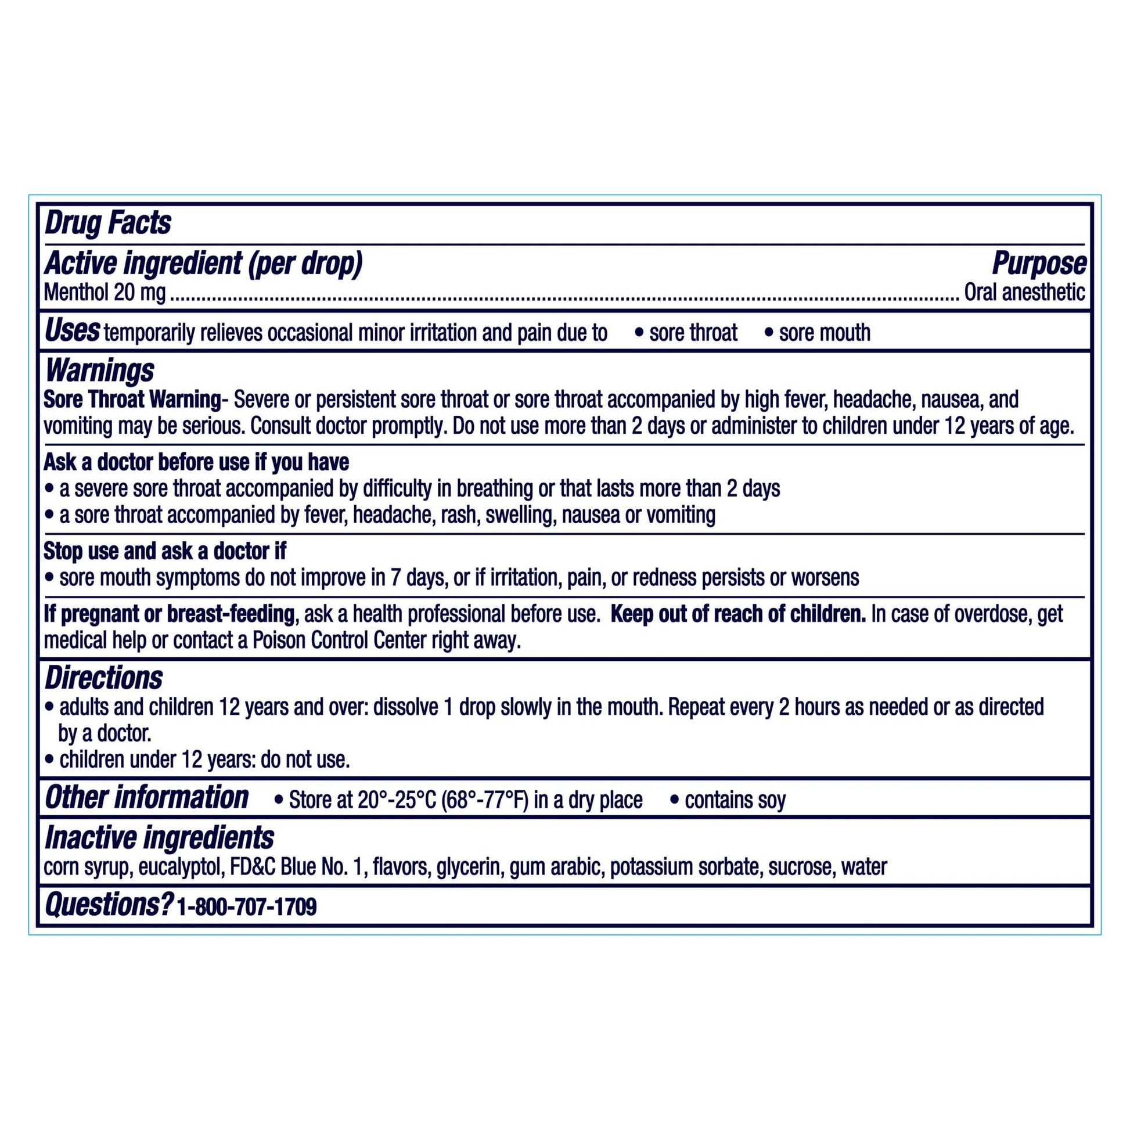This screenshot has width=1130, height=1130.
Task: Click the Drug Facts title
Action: pos(107,224)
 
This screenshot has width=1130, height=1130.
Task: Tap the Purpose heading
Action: pos(1039,264)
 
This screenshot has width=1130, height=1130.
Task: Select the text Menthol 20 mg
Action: pos(105,293)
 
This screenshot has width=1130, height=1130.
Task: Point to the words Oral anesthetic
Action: pos(1024,293)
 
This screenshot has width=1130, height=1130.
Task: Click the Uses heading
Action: pos(72,331)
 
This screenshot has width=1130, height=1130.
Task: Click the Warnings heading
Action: pos(99,370)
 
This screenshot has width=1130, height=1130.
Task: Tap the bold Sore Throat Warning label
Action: pos(132,400)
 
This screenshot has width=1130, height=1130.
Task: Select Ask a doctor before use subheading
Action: pos(196,462)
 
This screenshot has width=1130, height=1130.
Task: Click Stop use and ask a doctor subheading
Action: pos(165,551)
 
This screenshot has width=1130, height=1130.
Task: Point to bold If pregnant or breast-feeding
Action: pos(169,614)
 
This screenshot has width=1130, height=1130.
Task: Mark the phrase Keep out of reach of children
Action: pos(738,614)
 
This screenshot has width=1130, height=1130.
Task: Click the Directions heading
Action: pos(103,678)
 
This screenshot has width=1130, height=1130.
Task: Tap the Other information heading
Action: pos(147,798)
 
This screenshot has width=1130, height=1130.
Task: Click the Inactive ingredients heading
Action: pos(159,837)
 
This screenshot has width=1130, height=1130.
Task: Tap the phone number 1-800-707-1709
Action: pos(246,907)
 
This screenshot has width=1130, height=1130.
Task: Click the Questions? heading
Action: pos(108,905)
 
